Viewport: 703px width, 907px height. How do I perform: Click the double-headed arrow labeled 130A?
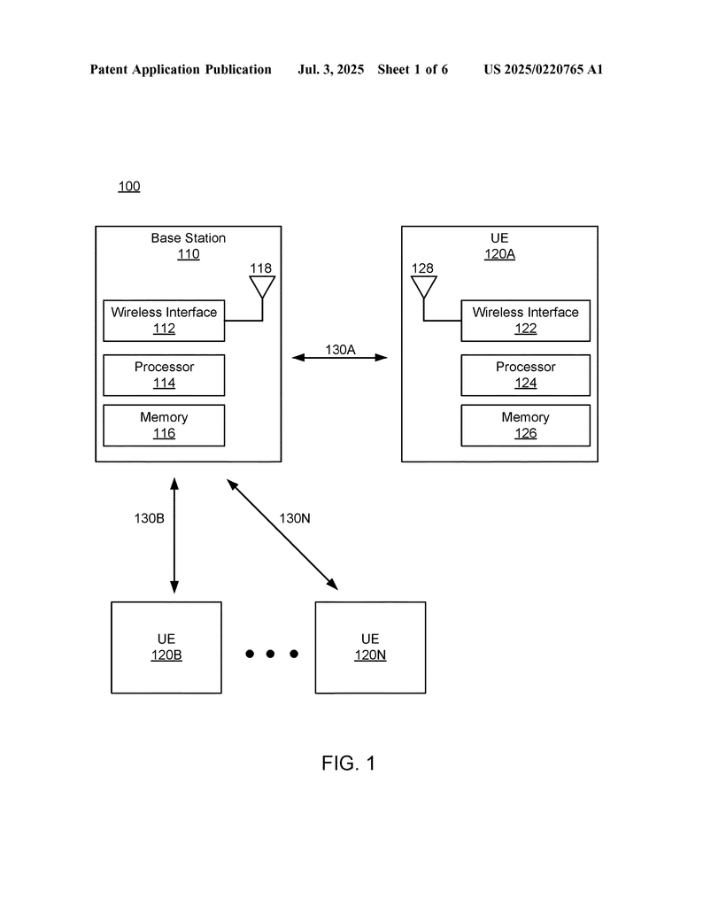[339, 358]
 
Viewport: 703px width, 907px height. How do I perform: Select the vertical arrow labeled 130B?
[174, 536]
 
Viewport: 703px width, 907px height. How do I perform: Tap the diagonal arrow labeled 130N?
[282, 534]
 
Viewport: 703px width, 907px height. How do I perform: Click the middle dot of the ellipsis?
[271, 654]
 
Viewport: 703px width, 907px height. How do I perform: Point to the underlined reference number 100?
[129, 186]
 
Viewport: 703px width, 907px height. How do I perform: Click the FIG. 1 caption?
[349, 763]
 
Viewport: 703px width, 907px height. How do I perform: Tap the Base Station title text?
[189, 237]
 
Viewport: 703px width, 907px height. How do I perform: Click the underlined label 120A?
[499, 254]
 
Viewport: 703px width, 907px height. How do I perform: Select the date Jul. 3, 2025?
[330, 69]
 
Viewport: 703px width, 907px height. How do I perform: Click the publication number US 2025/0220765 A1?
[544, 69]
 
